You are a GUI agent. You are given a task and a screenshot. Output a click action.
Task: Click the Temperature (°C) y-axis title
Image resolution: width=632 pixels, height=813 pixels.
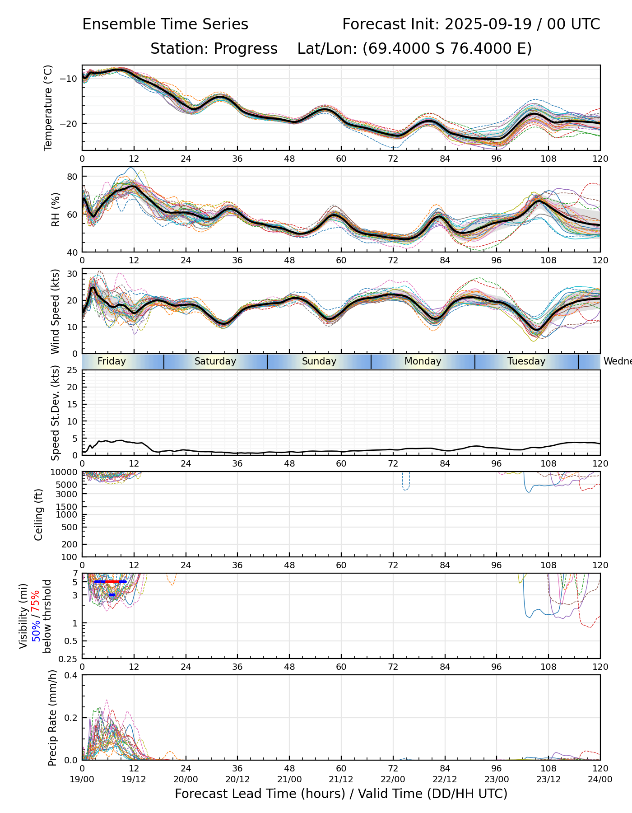tap(48, 107)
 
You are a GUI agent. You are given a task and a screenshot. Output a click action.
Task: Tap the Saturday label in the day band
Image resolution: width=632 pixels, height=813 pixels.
tap(215, 361)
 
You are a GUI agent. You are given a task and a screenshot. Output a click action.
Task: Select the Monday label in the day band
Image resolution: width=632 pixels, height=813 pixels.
tap(423, 361)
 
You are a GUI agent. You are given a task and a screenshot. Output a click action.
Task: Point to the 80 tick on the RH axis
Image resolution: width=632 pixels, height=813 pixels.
tap(72, 176)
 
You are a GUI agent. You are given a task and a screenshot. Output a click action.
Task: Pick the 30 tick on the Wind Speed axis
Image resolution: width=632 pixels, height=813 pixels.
tap(72, 274)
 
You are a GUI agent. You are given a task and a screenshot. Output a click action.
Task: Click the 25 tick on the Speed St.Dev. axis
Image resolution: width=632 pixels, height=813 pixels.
tap(72, 370)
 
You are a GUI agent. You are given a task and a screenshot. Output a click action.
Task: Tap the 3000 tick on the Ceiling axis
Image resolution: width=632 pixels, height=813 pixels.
tap(68, 494)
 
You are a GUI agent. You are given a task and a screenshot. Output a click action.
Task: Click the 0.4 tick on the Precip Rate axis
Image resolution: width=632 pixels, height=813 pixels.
tap(71, 675)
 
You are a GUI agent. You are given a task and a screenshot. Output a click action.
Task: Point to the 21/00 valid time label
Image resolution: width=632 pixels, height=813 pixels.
tap(289, 779)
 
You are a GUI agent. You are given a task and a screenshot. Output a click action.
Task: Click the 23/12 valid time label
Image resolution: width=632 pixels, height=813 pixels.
tap(548, 779)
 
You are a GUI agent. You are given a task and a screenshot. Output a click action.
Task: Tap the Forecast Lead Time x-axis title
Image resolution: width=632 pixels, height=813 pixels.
tap(341, 794)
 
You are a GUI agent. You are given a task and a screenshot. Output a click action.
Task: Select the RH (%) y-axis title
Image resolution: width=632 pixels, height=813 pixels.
tap(56, 209)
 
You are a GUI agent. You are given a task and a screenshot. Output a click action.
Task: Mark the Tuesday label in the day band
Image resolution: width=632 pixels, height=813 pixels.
tap(526, 361)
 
